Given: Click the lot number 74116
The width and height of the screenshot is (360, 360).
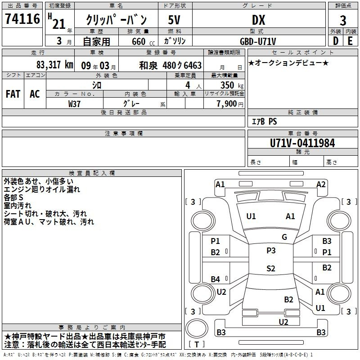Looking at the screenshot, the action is (x=22, y=19).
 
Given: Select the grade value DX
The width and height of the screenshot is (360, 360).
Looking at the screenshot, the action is (x=258, y=20).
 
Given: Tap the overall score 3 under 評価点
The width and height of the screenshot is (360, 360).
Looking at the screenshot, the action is (x=343, y=20).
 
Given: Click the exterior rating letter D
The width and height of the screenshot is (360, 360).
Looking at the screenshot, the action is (x=336, y=41).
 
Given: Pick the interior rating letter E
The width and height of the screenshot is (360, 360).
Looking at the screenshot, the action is (x=350, y=41).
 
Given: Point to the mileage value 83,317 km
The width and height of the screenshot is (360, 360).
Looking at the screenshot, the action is (x=55, y=65).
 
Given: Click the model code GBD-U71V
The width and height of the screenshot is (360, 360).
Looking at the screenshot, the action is (x=258, y=41).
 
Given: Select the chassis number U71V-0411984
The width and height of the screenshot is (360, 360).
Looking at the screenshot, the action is (x=302, y=143).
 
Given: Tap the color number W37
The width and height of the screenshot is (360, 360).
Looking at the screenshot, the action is (x=74, y=104).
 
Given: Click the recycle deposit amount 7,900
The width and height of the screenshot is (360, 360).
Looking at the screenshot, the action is (x=226, y=104).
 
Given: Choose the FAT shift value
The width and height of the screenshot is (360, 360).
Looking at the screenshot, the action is (x=13, y=94).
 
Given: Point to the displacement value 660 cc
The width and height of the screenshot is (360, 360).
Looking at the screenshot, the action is (x=143, y=41).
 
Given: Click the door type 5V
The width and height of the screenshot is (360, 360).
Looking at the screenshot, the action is (x=174, y=20).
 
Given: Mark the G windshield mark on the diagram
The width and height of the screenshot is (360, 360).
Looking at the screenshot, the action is (x=284, y=237).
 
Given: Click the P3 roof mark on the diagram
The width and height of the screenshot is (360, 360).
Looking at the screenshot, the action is (x=271, y=251).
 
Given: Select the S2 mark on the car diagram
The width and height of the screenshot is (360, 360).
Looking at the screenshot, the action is (x=271, y=268).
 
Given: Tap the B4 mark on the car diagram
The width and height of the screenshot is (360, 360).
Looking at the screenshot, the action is (x=216, y=279).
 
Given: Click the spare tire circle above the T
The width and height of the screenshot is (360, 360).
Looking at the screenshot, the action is (x=197, y=328).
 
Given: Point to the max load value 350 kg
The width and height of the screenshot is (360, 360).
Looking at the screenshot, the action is (x=232, y=85).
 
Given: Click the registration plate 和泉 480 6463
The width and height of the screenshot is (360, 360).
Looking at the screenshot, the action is (x=171, y=65).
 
